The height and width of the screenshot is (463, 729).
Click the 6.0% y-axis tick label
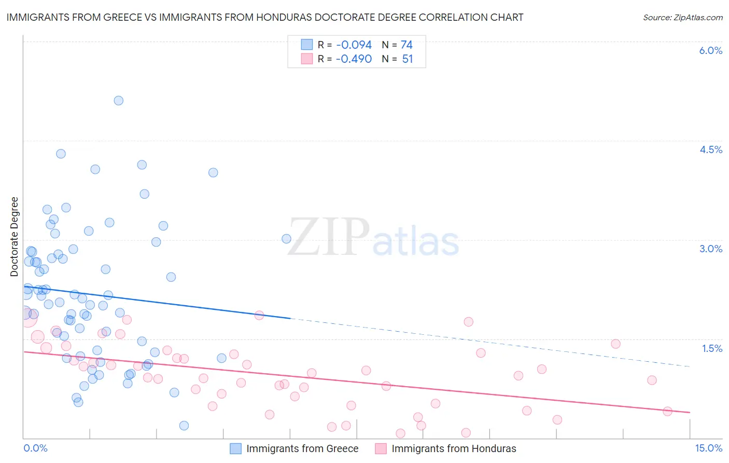click(x=710, y=50)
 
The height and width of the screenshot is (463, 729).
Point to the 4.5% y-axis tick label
click(x=710, y=149)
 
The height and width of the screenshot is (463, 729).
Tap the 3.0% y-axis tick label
click(x=710, y=249)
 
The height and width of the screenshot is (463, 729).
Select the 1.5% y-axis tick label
click(x=712, y=348)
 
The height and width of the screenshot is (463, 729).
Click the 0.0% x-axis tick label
click(x=35, y=448)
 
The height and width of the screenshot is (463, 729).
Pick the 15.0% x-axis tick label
click(x=708, y=448)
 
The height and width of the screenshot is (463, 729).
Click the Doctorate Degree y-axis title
click(x=15, y=237)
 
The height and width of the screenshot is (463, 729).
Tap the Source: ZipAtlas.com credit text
click(x=682, y=17)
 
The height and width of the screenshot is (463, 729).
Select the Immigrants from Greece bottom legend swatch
click(x=236, y=448)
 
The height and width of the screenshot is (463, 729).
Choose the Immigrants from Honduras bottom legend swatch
click(x=381, y=448)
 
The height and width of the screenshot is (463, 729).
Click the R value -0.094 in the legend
click(x=354, y=45)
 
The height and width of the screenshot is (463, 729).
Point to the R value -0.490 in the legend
click(x=354, y=59)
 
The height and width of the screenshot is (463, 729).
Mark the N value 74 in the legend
click(x=406, y=45)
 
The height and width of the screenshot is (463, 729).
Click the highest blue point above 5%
click(x=119, y=101)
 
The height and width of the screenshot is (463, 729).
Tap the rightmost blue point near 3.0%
click(x=286, y=239)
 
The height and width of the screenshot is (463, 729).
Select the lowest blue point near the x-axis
click(x=184, y=426)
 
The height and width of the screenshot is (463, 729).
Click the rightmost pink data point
click(x=667, y=411)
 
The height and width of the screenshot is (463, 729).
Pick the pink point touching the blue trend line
click(x=259, y=315)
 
